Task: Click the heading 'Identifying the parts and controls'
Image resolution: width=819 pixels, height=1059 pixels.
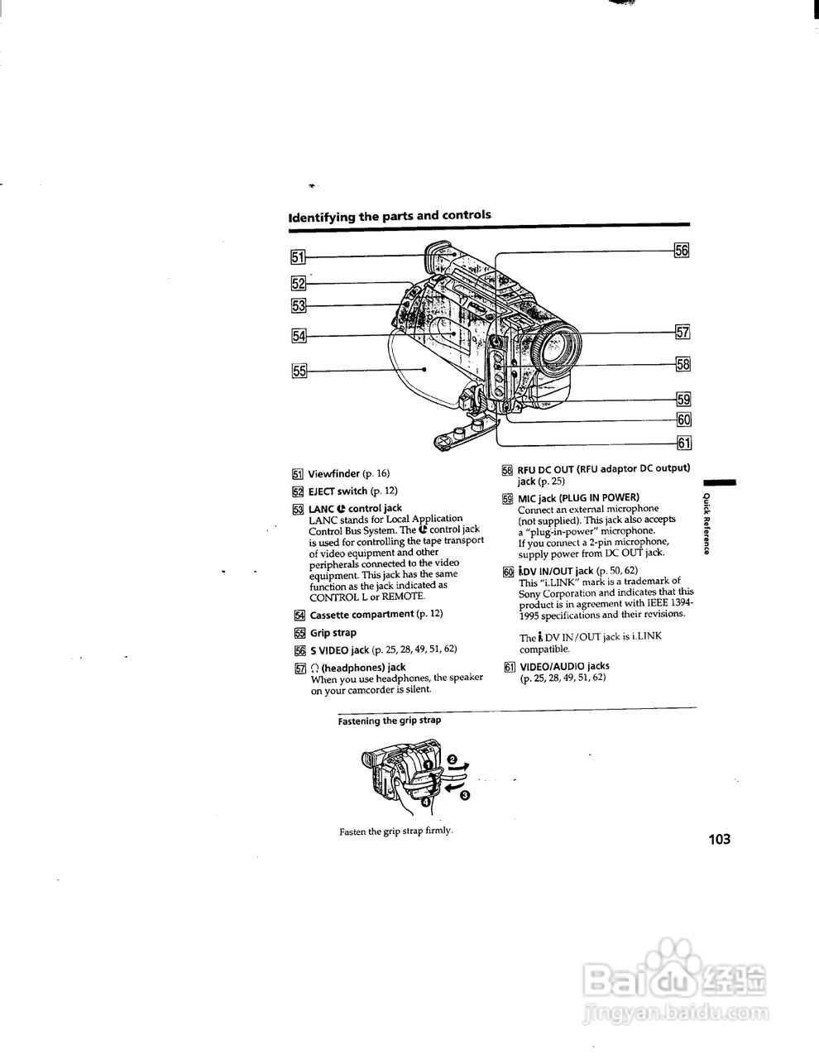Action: pos(390,216)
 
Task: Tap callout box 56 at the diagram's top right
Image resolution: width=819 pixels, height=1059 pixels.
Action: pos(682,250)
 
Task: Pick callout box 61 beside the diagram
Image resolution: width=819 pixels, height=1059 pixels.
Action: pos(684,443)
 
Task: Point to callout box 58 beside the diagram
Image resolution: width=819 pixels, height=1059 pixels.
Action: pos(683,364)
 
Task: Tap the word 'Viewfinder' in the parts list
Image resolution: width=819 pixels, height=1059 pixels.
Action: pos(334,474)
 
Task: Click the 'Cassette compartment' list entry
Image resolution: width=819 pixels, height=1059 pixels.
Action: pos(362,614)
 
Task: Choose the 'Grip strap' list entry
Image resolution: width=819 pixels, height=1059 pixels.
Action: pos(333,633)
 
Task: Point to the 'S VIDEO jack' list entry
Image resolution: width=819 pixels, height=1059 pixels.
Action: pos(339,649)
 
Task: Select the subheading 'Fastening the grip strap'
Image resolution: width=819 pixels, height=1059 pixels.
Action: pos(390,721)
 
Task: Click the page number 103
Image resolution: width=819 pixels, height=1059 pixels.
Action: pos(720,840)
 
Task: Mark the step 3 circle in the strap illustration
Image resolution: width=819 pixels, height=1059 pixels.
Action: pos(465,796)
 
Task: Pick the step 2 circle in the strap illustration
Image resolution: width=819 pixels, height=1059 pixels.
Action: pos(451,760)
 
